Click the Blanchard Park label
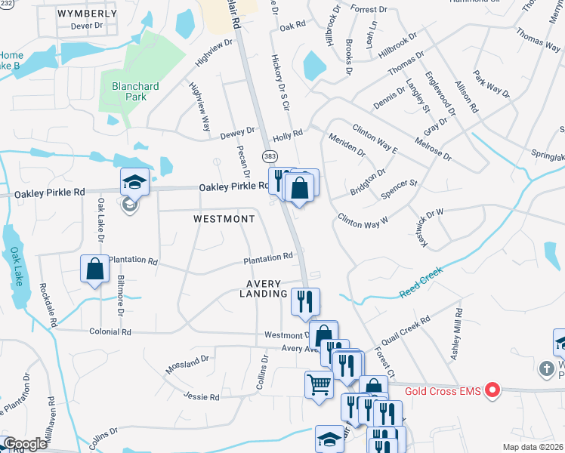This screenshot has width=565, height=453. click(x=135, y=92)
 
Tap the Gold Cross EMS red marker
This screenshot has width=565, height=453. click(x=493, y=390)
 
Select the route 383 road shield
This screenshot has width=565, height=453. click(x=270, y=156)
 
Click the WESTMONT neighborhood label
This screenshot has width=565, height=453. click(x=224, y=218)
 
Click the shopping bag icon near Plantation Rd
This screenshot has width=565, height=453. click(x=94, y=270)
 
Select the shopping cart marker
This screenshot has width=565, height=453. click(x=319, y=384)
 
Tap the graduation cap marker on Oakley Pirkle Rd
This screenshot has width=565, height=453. click(x=134, y=181)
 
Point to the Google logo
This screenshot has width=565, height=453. click(x=25, y=444)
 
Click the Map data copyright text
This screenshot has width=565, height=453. click(x=533, y=447)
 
